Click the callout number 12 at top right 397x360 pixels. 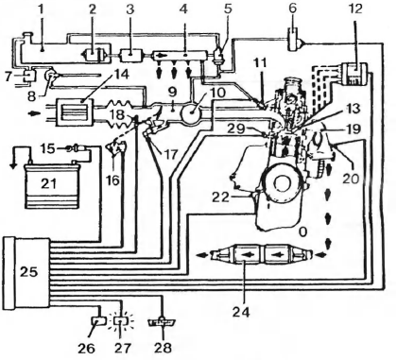(355, 9)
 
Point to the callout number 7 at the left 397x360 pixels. (8, 73)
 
